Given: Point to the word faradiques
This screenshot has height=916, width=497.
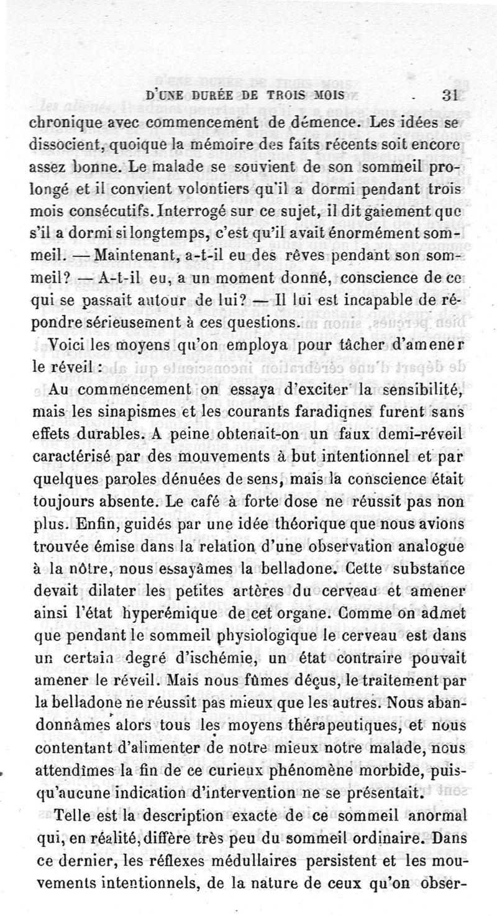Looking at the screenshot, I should click(x=320, y=412).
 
